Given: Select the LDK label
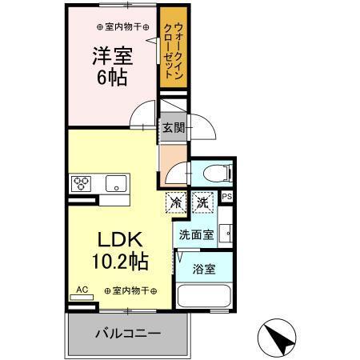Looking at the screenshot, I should point(119,240).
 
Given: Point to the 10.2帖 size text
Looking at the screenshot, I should point(120,262).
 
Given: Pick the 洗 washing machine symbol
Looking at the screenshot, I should point(203,202).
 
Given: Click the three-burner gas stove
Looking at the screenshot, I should point(82,182).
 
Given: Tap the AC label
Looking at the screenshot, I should point(81,289).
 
